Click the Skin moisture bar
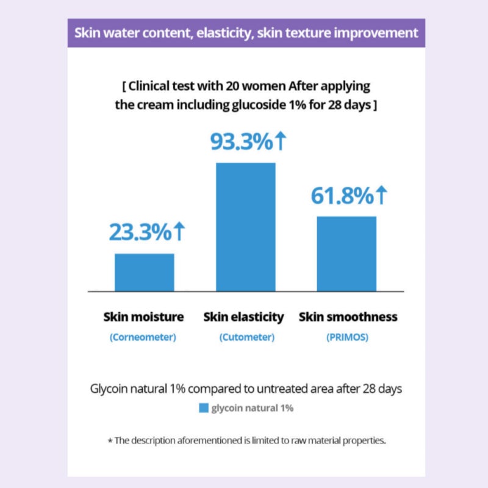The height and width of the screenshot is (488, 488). (x=145, y=272)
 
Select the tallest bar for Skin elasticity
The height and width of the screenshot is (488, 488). (x=246, y=227)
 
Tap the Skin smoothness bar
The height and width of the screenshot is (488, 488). (x=346, y=254)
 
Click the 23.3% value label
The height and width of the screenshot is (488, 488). (x=140, y=232)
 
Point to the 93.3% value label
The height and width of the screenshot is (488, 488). (x=242, y=142)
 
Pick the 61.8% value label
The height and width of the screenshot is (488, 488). (x=342, y=196)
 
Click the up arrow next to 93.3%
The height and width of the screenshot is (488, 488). (x=281, y=141)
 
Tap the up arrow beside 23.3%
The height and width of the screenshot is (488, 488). (x=179, y=231)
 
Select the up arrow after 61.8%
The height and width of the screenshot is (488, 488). (x=382, y=195)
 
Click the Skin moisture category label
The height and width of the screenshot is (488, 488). (x=143, y=317)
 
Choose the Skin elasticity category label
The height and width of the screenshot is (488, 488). (x=243, y=317)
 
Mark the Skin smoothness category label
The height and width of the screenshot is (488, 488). (x=348, y=317)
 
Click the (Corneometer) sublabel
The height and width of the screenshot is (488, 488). (x=143, y=337)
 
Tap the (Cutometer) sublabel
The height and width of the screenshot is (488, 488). (x=247, y=337)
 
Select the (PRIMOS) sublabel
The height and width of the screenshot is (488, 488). (x=347, y=337)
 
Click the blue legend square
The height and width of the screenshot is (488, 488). (x=204, y=408)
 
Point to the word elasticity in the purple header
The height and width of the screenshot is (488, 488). (x=224, y=33)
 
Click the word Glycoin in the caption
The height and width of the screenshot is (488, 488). (x=109, y=389)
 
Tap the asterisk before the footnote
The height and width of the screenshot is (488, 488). (x=110, y=440)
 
